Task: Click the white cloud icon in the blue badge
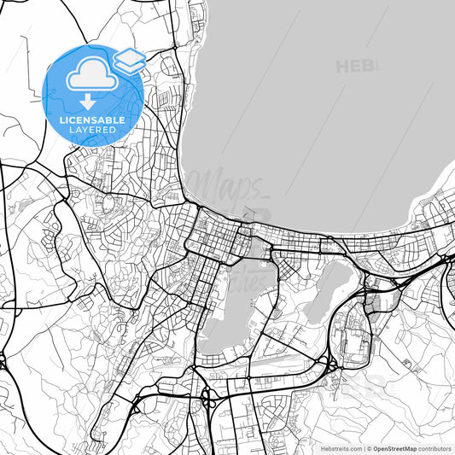[x=92, y=78]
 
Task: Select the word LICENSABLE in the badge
[x=93, y=120]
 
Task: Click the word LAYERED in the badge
[x=93, y=130]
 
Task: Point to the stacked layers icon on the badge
[x=129, y=61]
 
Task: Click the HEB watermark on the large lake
[x=356, y=66]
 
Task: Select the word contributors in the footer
[x=435, y=447]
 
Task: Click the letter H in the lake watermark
[x=342, y=66]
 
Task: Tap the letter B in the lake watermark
[x=369, y=66]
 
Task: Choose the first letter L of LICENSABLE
[x=61, y=120]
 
